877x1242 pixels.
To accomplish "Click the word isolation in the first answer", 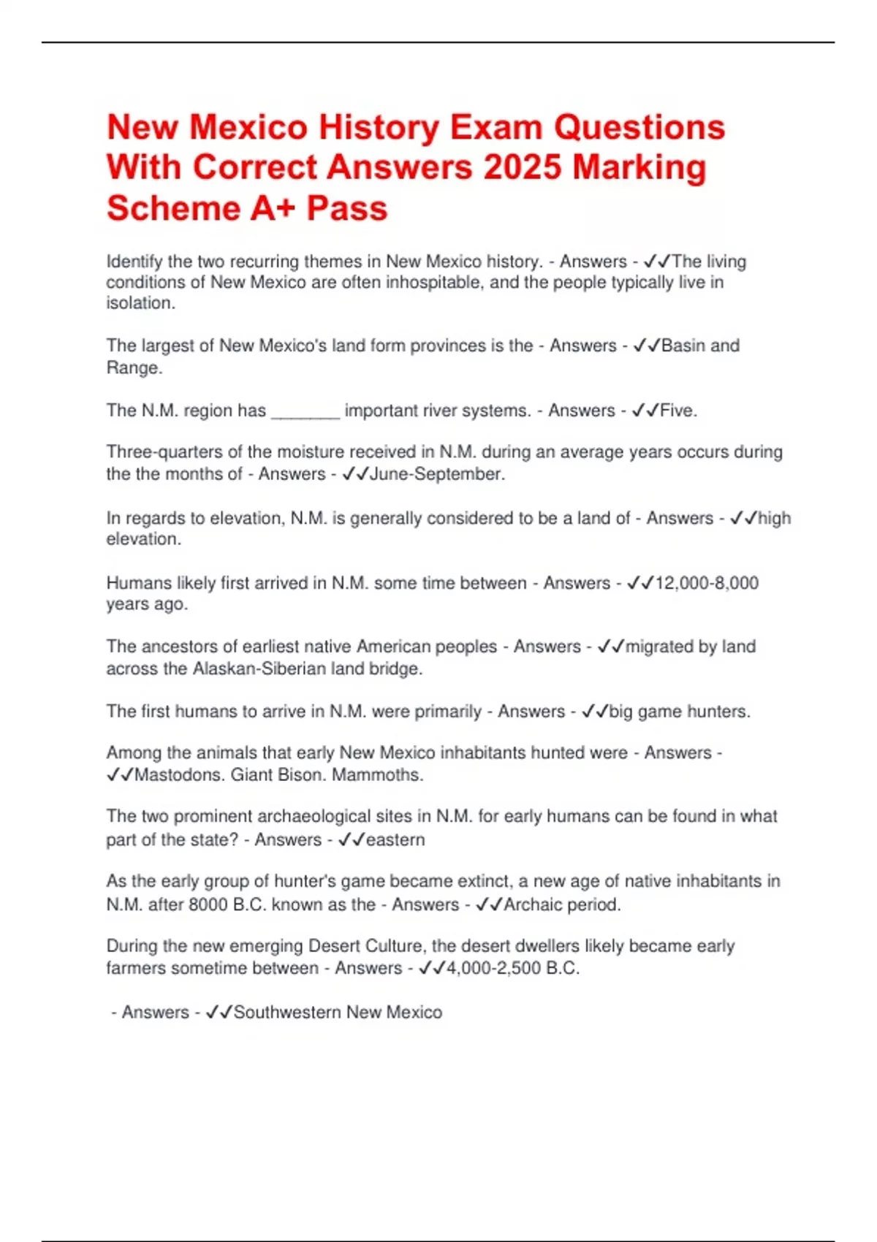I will [140, 303].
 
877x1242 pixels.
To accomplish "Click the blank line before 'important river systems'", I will [305, 411].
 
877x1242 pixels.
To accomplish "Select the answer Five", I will [678, 411].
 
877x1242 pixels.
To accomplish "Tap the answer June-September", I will [437, 474].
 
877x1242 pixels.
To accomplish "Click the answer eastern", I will [395, 840].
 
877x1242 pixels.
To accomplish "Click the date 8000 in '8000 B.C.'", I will [208, 904].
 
